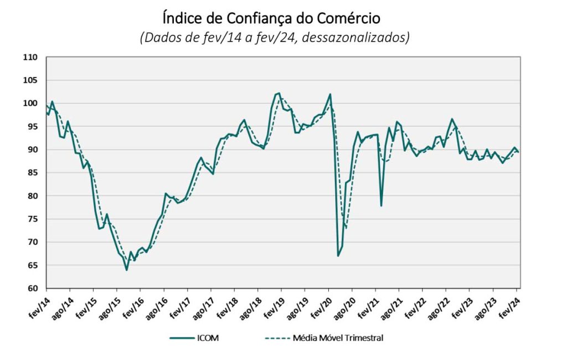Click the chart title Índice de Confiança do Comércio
271,18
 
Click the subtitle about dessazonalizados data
275,38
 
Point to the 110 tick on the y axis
30,57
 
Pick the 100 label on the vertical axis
30,103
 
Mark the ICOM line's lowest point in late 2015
126,270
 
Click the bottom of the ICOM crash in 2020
338,255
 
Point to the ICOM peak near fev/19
279,93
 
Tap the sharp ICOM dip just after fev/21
381,206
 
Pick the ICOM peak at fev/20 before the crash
330,94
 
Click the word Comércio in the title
348,18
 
